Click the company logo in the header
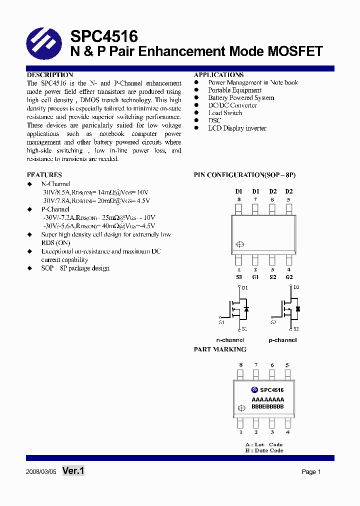pos(43,44)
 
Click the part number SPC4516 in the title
pos(103,36)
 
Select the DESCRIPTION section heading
pos(50,75)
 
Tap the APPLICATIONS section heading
pos(218,75)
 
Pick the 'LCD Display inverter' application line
pos(237,128)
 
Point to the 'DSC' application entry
pos(214,120)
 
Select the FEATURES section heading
pos(44,175)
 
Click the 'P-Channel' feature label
pos(55,209)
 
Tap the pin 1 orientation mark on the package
pos(240,244)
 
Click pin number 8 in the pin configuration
pos(239,199)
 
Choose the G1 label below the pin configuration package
pos(255,277)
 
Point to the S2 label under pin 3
pos(272,277)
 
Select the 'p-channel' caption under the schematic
pos(282,340)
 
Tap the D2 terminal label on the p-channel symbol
pos(296,287)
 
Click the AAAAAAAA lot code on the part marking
pos(267,399)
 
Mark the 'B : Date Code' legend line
pos(264,450)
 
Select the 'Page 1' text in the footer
pos(311,472)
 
